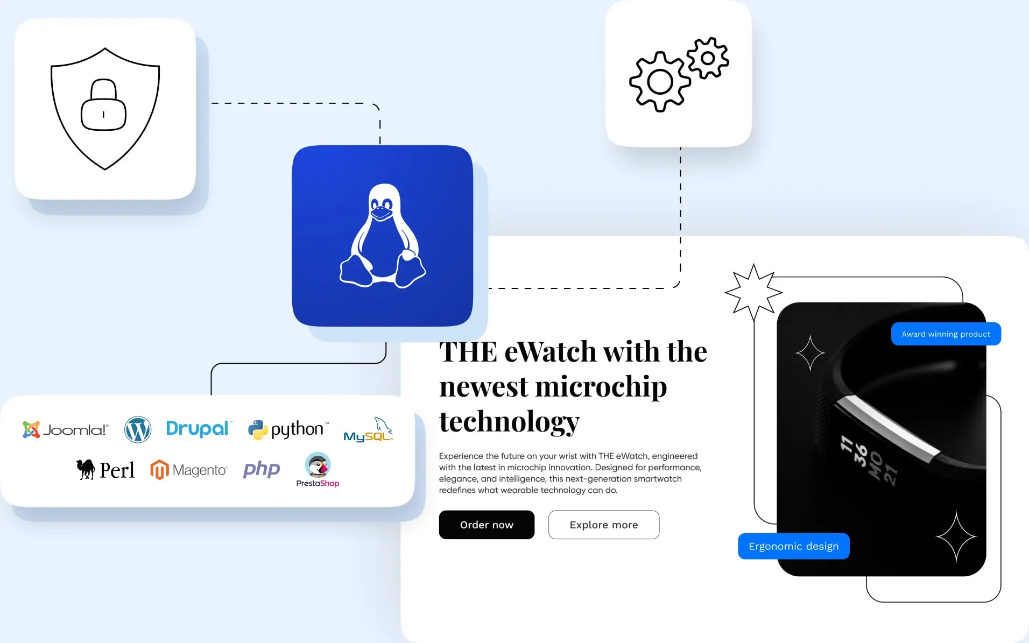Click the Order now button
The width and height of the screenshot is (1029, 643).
[x=487, y=525]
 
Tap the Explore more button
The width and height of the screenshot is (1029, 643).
[x=603, y=525]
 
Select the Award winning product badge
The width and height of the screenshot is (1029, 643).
[x=946, y=334]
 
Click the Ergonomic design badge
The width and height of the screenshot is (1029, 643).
[x=793, y=546]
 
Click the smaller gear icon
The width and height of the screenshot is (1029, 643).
[x=708, y=58]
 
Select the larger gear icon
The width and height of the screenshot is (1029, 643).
[x=660, y=82]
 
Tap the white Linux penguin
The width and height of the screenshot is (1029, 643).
[x=383, y=236]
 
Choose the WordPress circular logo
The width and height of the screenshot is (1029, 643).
[x=138, y=429]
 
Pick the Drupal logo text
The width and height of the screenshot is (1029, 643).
[x=198, y=428]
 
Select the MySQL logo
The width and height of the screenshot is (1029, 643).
[x=369, y=430]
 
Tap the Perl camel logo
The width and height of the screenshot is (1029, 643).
[x=105, y=470]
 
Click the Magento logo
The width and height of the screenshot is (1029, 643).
[x=188, y=470]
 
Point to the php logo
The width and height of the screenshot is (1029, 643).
[x=262, y=469]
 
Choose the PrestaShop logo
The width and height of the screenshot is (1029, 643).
[x=318, y=470]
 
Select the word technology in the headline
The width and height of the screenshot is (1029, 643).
[x=509, y=421]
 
